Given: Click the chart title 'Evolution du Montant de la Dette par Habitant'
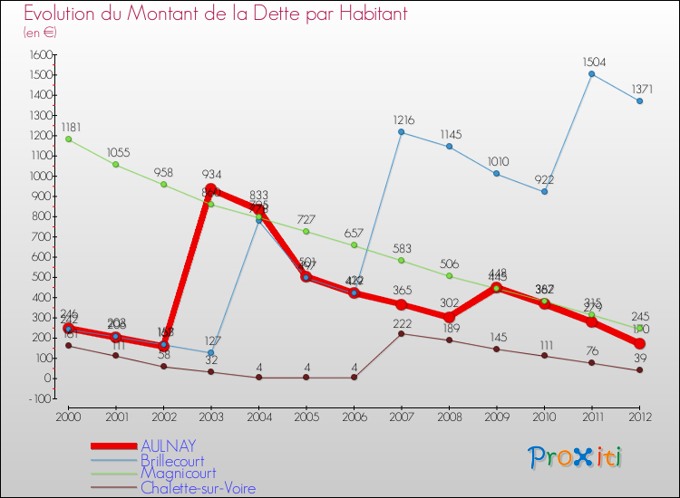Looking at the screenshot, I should [216, 14].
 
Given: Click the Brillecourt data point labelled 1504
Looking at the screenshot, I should [592, 74].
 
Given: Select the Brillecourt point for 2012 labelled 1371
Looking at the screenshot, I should [639, 101].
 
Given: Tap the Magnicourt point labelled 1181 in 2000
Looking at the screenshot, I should [68, 139].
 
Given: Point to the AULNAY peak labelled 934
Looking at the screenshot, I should [211, 189].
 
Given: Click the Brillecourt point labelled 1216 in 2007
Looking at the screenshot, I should [402, 132].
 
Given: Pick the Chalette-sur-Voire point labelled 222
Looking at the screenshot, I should [402, 333].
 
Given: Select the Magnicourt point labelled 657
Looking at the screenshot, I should [354, 245].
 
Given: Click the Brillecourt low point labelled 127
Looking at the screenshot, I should [211, 352].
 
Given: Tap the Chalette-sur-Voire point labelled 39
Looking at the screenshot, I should [639, 369].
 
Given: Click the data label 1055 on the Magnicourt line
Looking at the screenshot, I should [115, 152].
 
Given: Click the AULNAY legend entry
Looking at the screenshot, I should [168, 445].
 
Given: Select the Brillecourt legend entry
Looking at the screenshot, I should [172, 461].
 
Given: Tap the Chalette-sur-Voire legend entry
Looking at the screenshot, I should [198, 488].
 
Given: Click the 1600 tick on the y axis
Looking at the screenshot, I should [41, 55].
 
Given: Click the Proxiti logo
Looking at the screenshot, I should [576, 457].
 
